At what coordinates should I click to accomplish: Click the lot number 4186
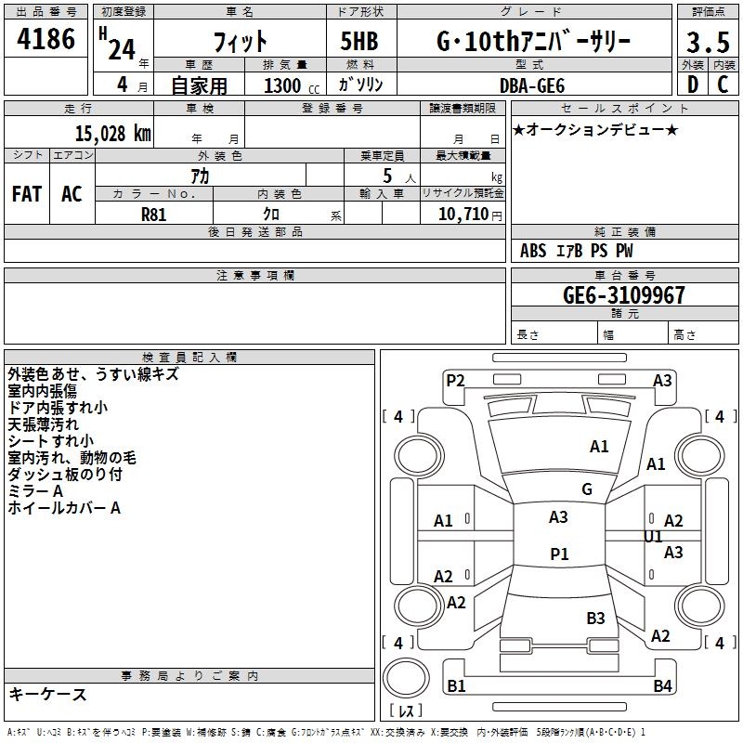(x=46, y=41)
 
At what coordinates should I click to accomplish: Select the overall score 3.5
(x=706, y=43)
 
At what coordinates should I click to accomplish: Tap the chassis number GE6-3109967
(x=624, y=295)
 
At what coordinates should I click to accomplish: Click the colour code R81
(x=154, y=214)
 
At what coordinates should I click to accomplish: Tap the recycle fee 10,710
(x=461, y=214)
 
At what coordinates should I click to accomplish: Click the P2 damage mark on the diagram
(x=454, y=380)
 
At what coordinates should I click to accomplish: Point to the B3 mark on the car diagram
(x=595, y=618)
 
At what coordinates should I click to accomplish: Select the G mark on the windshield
(x=586, y=489)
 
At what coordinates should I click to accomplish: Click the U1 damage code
(x=653, y=537)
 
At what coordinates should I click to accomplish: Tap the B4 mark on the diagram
(x=662, y=686)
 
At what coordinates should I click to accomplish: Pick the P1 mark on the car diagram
(x=559, y=554)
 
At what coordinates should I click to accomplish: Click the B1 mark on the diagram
(x=456, y=686)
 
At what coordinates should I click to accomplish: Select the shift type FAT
(x=26, y=194)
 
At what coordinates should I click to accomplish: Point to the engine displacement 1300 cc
(x=288, y=85)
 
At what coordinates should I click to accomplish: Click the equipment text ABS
(x=533, y=251)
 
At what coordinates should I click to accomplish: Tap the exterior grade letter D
(x=691, y=85)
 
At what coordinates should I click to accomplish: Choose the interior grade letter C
(x=723, y=85)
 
